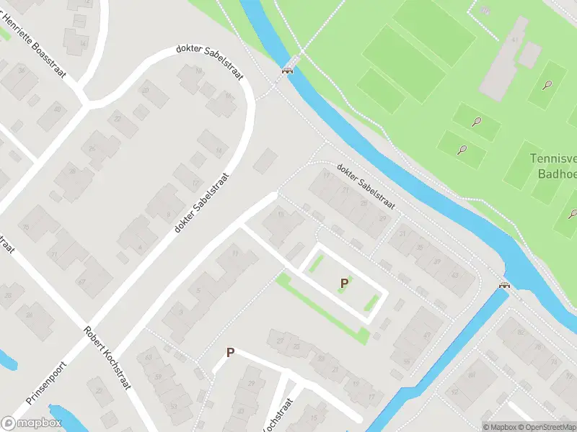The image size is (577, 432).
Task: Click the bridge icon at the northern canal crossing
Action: (288, 70)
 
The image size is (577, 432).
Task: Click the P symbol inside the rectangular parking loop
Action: (344, 284)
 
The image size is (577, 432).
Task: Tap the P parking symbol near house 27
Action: (230, 352)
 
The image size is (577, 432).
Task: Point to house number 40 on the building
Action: (58, 109)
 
